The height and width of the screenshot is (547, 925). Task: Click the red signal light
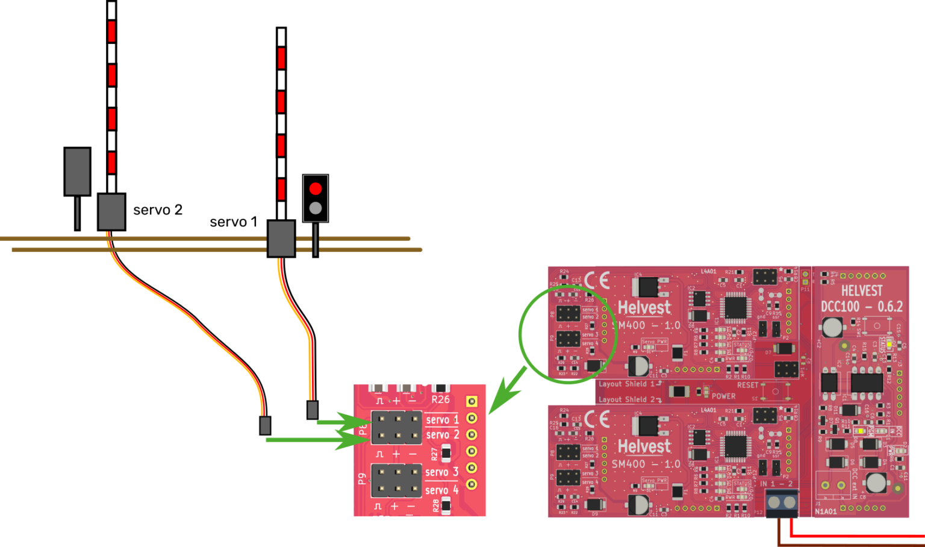click(x=316, y=189)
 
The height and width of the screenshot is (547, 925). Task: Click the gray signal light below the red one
click(x=316, y=208)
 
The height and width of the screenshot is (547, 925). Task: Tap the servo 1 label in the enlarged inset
click(x=442, y=419)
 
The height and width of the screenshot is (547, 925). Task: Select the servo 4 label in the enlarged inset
click(x=442, y=490)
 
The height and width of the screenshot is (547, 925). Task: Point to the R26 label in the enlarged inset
click(x=440, y=399)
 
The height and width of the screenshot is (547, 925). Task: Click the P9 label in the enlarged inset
click(x=361, y=479)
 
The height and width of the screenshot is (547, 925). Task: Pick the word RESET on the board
click(x=748, y=385)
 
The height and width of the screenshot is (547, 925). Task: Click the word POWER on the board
click(x=723, y=396)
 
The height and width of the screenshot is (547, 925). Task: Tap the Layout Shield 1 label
click(x=626, y=384)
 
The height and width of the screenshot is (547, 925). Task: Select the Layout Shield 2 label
click(x=626, y=399)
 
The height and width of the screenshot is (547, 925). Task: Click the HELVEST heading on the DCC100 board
click(x=862, y=291)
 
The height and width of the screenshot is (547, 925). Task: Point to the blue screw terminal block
click(x=781, y=502)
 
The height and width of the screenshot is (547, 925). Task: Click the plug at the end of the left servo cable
click(x=265, y=425)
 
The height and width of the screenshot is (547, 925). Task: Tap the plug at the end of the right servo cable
click(x=312, y=410)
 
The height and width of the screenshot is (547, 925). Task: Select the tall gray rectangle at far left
click(x=77, y=172)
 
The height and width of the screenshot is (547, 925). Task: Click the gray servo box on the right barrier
click(x=281, y=239)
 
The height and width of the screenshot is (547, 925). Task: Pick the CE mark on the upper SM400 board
click(x=597, y=280)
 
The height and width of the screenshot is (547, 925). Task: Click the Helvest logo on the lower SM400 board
click(x=644, y=446)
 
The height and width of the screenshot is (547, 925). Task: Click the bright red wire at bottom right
click(x=855, y=535)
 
